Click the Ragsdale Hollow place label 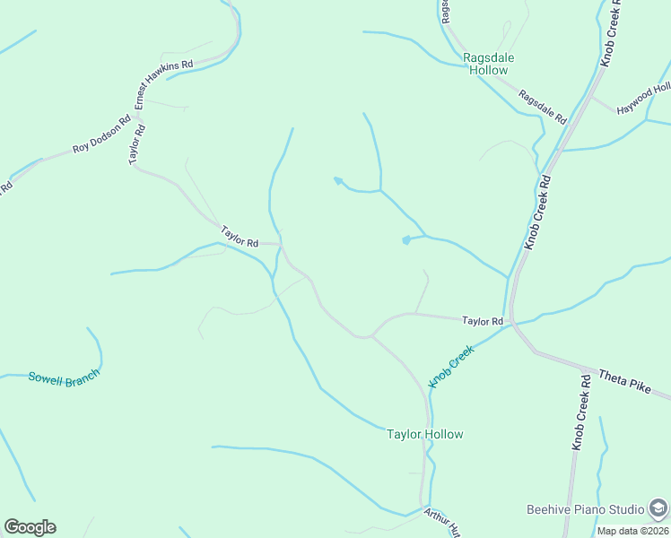(488, 64)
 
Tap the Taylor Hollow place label (424, 435)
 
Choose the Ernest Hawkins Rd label (164, 84)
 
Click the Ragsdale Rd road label (543, 107)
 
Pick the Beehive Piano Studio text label (585, 509)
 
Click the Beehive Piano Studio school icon (658, 509)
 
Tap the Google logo (30, 527)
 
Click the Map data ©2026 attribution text (633, 531)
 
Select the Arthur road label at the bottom (441, 523)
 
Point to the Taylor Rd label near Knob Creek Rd (483, 320)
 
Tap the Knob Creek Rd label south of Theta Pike (581, 412)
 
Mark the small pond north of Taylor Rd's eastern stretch (406, 239)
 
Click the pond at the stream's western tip (337, 180)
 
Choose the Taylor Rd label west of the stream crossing (240, 238)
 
